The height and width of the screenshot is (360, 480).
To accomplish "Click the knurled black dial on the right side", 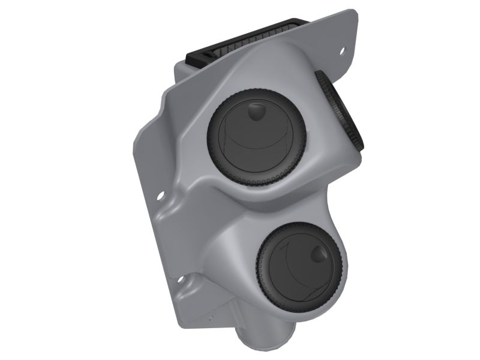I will pyautogui.click(x=340, y=111).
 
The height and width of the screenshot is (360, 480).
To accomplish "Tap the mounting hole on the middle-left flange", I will pyautogui.click(x=160, y=195).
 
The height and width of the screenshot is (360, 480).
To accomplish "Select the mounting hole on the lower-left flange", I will pyautogui.click(x=179, y=280).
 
